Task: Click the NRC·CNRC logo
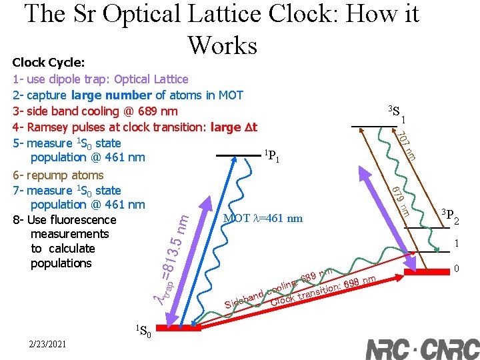coord(422,349)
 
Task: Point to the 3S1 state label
coord(397,114)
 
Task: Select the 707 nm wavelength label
coord(406,147)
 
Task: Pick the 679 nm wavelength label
coord(400,201)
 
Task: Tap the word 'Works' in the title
coord(222,45)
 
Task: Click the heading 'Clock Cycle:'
coord(49,63)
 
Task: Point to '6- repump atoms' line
coord(58,175)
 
